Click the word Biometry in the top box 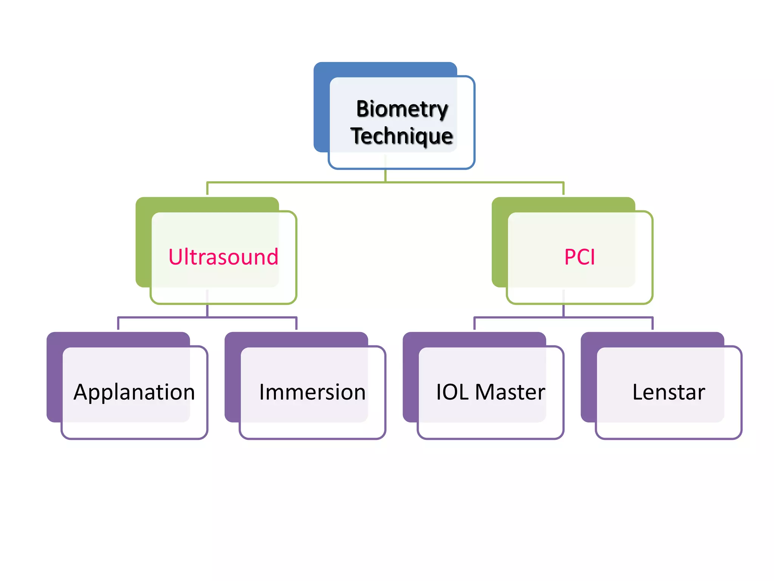(402, 109)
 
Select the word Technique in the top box (401, 136)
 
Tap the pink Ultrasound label (223, 257)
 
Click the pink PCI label (579, 257)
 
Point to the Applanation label (134, 392)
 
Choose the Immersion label (312, 392)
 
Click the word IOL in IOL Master (452, 392)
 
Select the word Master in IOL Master (510, 392)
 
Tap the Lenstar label (669, 392)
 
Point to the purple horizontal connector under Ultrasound (163, 317)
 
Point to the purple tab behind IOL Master (410, 378)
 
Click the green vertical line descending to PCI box (563, 189)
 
